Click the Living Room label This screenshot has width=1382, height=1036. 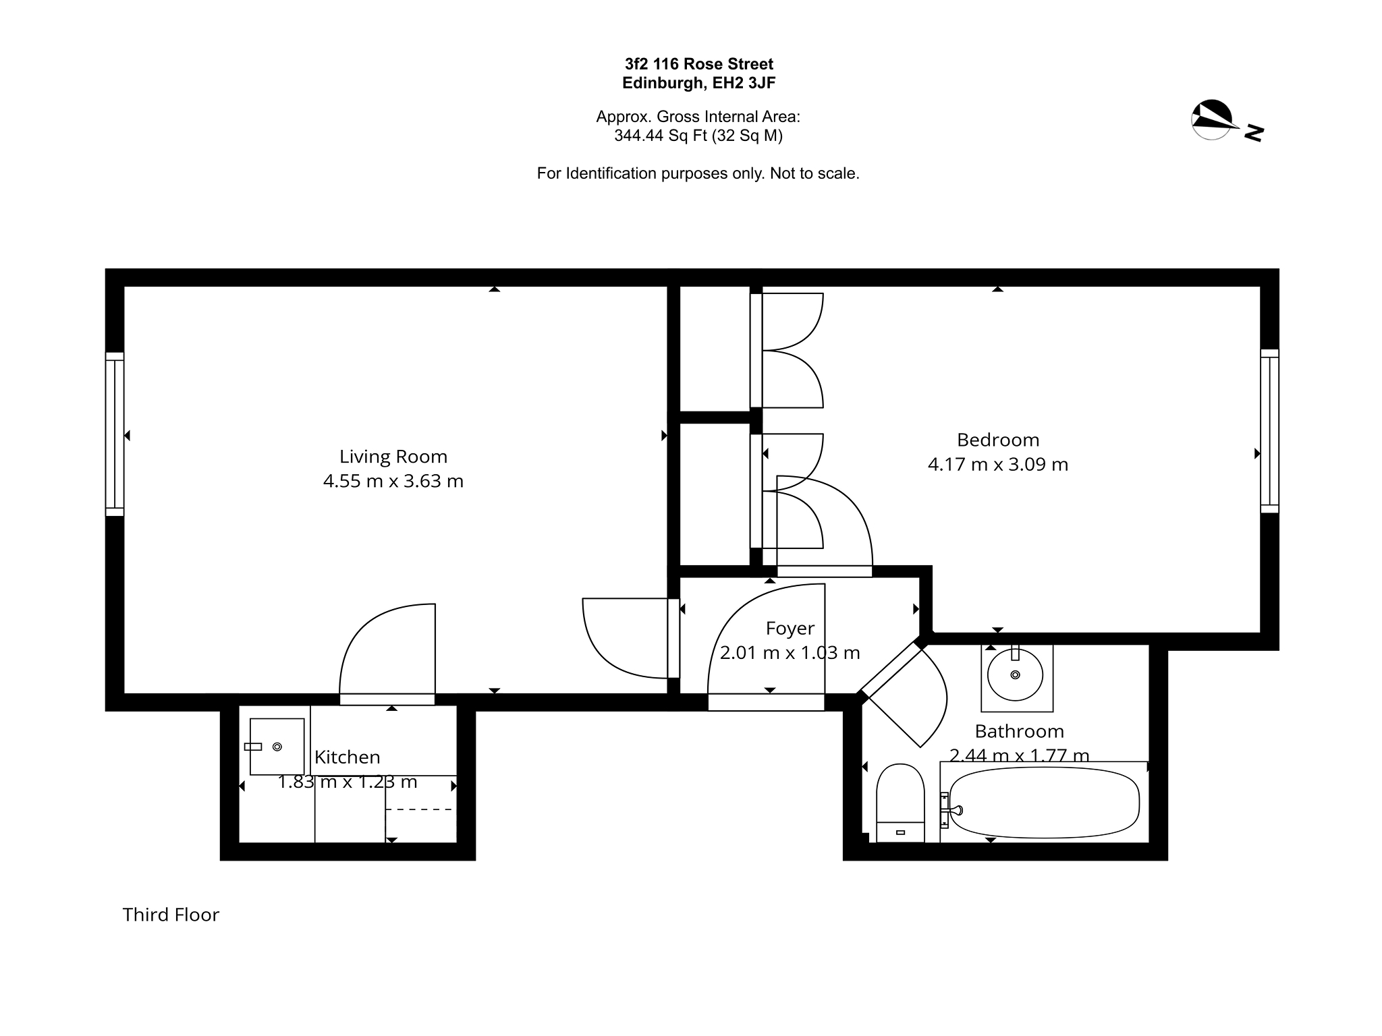(393, 457)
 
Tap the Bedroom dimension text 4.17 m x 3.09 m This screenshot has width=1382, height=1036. (998, 465)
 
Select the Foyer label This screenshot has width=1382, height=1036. (790, 629)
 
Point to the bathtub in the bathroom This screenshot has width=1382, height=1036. (1045, 803)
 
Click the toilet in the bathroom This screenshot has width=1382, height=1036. (900, 803)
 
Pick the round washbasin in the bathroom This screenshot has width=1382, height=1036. (1016, 674)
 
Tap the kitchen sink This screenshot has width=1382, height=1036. (277, 747)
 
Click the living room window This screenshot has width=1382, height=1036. (115, 434)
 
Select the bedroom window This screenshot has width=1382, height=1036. (1270, 431)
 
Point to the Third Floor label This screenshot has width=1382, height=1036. (171, 915)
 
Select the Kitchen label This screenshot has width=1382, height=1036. (348, 757)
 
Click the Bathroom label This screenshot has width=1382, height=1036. (1020, 731)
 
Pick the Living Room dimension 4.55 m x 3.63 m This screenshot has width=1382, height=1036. (393, 482)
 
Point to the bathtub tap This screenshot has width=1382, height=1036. (951, 810)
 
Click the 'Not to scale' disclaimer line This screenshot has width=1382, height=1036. (698, 173)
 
